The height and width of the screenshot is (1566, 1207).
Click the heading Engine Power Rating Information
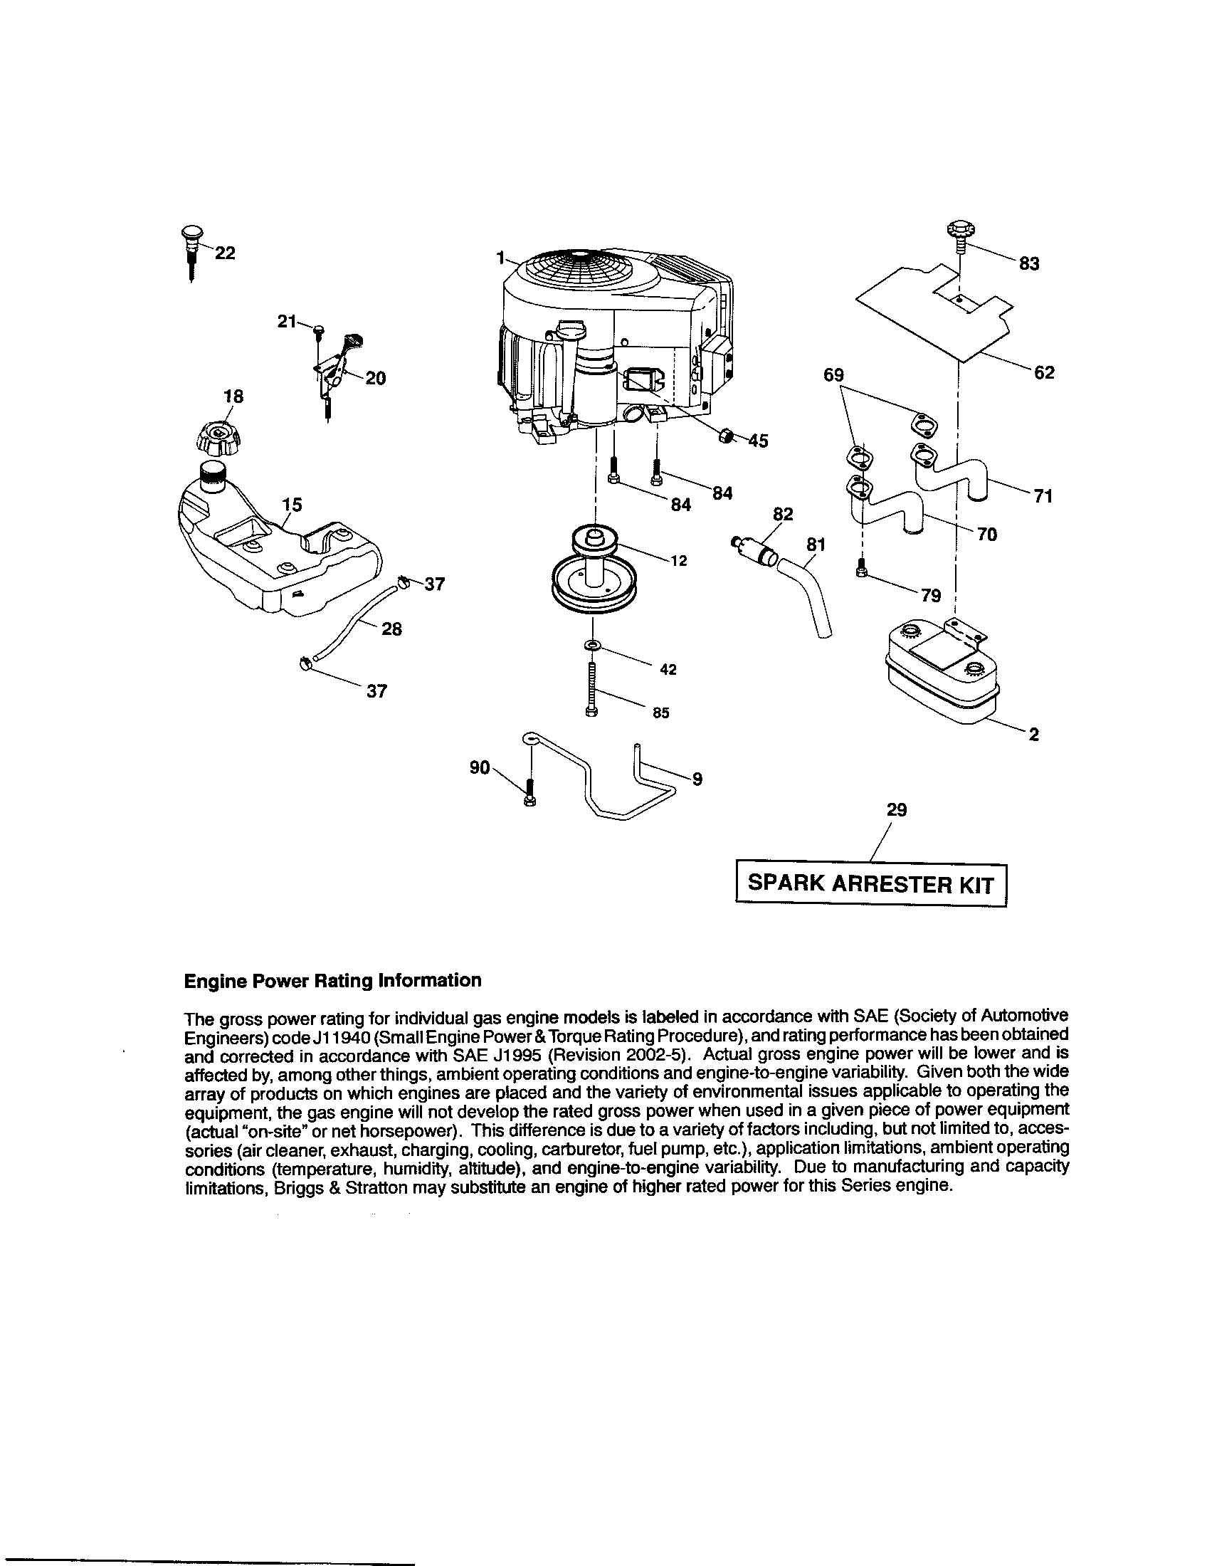point(332,980)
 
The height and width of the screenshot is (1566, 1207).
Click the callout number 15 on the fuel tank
point(292,505)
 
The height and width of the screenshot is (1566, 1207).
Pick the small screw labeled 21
point(319,330)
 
